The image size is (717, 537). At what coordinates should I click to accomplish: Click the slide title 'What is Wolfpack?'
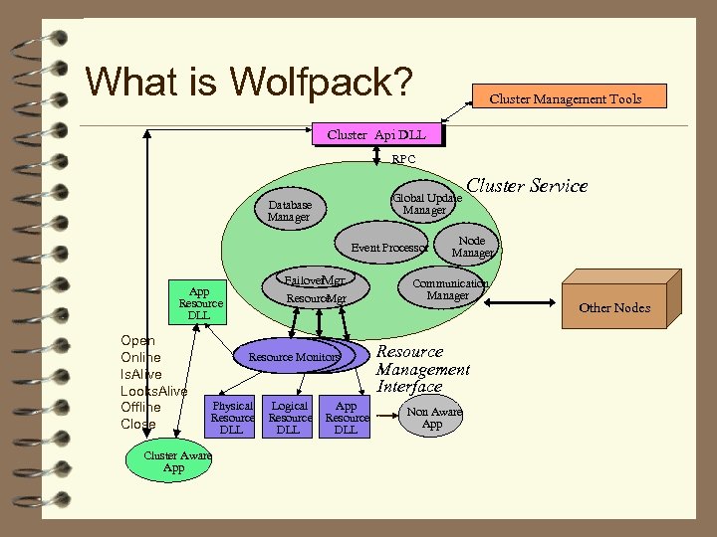(249, 82)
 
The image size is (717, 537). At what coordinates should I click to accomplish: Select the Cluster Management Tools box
(566, 97)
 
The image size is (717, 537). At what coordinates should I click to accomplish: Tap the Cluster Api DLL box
(375, 134)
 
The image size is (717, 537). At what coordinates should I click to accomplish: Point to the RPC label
(403, 159)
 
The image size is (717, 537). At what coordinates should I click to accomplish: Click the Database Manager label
(289, 210)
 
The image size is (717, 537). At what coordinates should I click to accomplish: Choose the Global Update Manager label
(426, 203)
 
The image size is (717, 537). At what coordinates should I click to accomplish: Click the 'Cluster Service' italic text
(527, 186)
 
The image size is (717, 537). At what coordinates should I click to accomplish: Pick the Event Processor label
(389, 247)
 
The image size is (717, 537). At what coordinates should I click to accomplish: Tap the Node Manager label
(471, 247)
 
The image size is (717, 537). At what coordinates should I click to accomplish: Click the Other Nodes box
(614, 307)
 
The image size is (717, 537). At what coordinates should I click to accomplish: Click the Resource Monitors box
(294, 356)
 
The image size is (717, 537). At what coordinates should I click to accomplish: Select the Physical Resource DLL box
(232, 417)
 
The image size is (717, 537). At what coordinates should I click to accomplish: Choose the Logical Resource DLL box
(289, 417)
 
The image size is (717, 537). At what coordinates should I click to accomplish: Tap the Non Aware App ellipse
(432, 418)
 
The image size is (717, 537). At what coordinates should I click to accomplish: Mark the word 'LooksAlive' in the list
(153, 391)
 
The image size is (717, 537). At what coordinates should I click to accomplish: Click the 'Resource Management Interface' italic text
(422, 369)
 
